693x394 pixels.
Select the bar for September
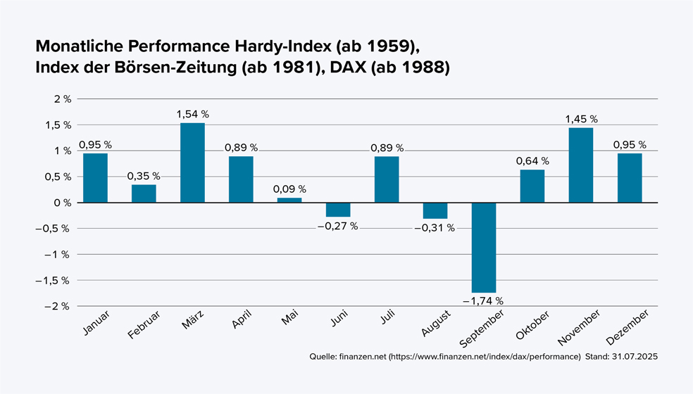tap(484, 247)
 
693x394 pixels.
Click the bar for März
tap(192, 163)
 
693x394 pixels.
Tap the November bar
tap(581, 165)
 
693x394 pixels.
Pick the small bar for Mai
tap(289, 200)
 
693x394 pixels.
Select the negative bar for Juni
tap(338, 210)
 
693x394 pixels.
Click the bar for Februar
tap(144, 193)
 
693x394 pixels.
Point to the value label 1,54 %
tap(192, 114)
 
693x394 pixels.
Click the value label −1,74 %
tap(483, 300)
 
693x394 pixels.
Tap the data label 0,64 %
tap(532, 160)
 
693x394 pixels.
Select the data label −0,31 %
tap(435, 228)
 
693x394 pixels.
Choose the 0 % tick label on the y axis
tap(63, 203)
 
